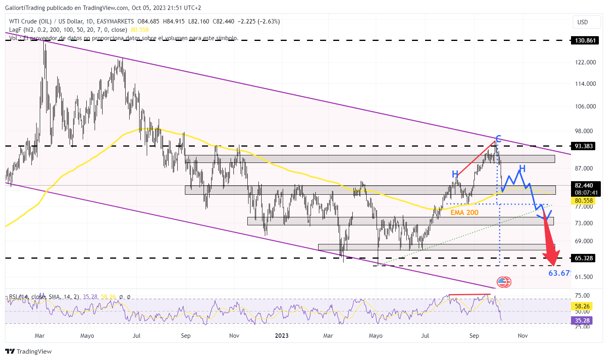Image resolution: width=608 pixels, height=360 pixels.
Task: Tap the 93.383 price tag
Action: click(583, 146)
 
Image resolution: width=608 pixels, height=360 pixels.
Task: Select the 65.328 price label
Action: click(583, 258)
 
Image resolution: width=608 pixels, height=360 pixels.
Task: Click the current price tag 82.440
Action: click(583, 186)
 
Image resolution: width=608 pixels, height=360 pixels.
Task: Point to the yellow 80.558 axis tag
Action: click(583, 201)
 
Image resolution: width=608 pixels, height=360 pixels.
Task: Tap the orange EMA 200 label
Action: click(464, 213)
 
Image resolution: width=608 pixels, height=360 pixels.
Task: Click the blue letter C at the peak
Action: click(498, 139)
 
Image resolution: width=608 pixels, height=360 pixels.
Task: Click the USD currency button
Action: click(583, 22)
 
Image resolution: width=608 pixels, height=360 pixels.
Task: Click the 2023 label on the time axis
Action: click(282, 336)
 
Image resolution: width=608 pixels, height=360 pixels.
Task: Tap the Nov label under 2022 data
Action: click(234, 336)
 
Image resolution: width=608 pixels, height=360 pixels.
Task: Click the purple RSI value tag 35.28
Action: click(582, 320)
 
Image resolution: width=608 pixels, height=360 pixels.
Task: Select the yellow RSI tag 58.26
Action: click(582, 306)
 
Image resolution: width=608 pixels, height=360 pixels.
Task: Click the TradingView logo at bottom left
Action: click(29, 351)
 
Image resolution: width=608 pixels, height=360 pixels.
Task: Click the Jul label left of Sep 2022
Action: click(136, 336)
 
